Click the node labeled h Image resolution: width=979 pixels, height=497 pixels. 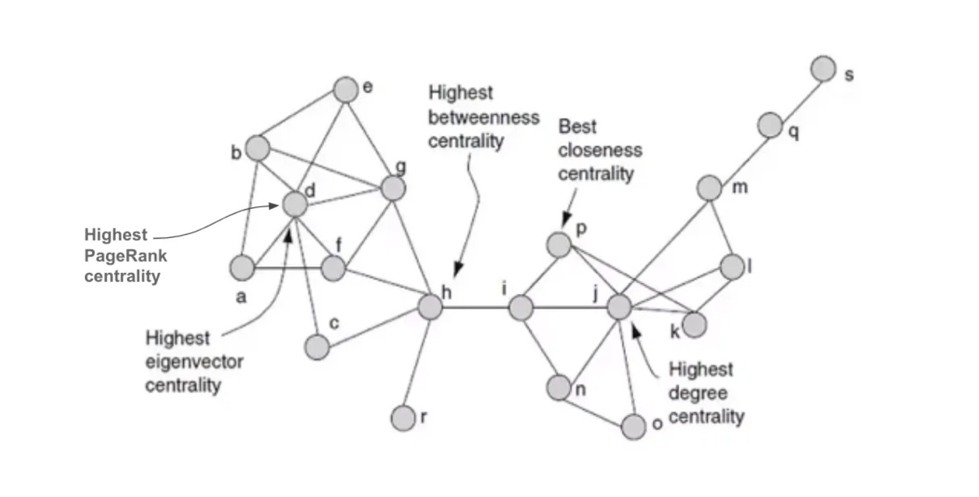pos(430,307)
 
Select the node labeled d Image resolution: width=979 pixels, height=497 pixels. pos(295,205)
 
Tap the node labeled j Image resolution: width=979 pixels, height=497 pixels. pos(619,307)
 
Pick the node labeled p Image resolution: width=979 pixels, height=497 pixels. pos(559,245)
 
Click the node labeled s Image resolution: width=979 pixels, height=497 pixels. pos(823,69)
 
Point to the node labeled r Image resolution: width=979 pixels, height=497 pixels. pos(403,417)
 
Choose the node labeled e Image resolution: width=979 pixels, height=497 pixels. pos(345,90)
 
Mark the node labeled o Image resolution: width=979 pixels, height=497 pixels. pos(634,427)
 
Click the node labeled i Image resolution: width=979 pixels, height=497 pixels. pos(520,307)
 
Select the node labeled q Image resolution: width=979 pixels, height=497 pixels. pos(769,125)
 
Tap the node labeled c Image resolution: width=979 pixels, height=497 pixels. pos(318,347)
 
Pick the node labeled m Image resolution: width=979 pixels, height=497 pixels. pos(710,189)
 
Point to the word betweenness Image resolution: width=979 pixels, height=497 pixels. pos(484,117)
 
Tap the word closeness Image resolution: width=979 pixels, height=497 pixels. pos(600,150)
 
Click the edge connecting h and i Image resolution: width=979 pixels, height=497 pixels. pos(475,307)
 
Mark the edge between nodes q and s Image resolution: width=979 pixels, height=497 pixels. pos(796,96)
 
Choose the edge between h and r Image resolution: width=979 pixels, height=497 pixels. pos(416,362)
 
